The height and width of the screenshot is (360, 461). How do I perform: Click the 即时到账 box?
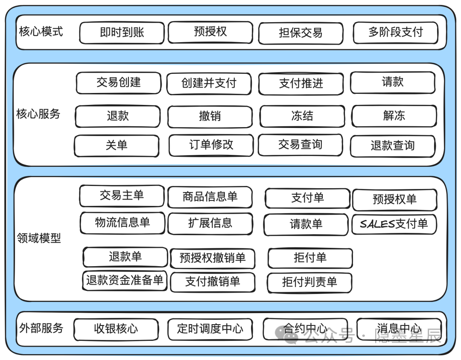(122, 33)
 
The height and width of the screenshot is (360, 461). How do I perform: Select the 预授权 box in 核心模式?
(210, 32)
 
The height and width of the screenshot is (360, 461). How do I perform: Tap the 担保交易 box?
(301, 33)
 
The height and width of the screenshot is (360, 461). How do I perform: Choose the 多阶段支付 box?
(395, 32)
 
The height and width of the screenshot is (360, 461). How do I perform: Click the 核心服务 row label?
(38, 114)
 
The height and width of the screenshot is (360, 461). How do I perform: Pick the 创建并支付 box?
(209, 83)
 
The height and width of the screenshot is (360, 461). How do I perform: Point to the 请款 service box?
(393, 82)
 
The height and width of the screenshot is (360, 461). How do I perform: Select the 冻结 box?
(302, 116)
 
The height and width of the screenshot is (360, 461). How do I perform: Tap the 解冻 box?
(394, 116)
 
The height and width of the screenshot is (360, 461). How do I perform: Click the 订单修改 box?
(211, 145)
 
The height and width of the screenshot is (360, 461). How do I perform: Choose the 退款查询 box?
(393, 146)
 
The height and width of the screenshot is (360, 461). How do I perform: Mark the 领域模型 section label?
(39, 238)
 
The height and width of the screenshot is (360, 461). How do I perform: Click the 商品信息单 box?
(210, 197)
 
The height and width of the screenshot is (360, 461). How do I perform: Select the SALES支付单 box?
(394, 224)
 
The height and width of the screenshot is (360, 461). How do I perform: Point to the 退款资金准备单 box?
(125, 280)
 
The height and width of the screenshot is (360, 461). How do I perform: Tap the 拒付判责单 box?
(309, 282)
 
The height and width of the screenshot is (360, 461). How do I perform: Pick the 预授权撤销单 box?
(213, 258)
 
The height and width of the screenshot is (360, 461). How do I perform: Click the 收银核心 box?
(116, 329)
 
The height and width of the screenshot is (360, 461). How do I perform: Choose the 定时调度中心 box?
(210, 329)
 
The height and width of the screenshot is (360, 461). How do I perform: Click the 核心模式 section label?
(41, 32)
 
